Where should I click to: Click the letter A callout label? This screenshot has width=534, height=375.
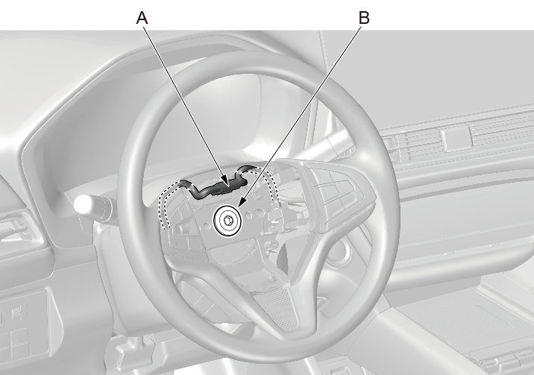[x=142, y=18]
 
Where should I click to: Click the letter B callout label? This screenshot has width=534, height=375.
[x=364, y=18]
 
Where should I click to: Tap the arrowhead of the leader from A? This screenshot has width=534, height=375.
[x=224, y=180]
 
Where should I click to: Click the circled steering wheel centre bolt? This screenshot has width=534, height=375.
[x=227, y=220]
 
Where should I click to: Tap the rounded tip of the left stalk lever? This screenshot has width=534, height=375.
[x=83, y=205]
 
